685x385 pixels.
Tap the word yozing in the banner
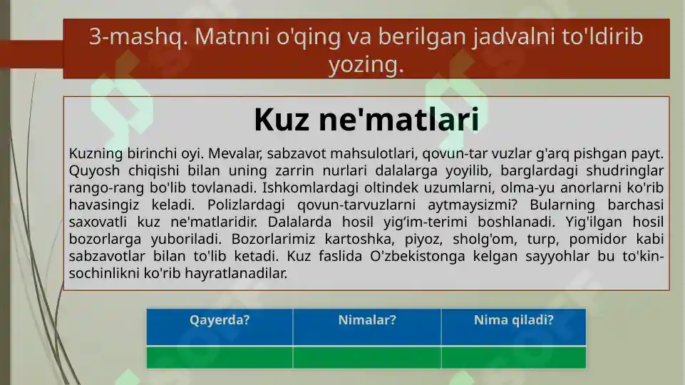pyautogui.click(x=366, y=65)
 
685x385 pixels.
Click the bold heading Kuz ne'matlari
pyautogui.click(x=366, y=120)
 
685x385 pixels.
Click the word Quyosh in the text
pyautogui.click(x=91, y=171)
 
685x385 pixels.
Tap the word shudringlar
pyautogui.click(x=627, y=171)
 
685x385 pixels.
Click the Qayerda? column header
pyautogui.click(x=220, y=320)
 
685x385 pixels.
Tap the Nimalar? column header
pyautogui.click(x=367, y=320)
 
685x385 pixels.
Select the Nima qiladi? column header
pyautogui.click(x=513, y=320)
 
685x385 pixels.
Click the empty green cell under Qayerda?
pyautogui.click(x=220, y=357)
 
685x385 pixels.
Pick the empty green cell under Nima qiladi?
pyautogui.click(x=513, y=357)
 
